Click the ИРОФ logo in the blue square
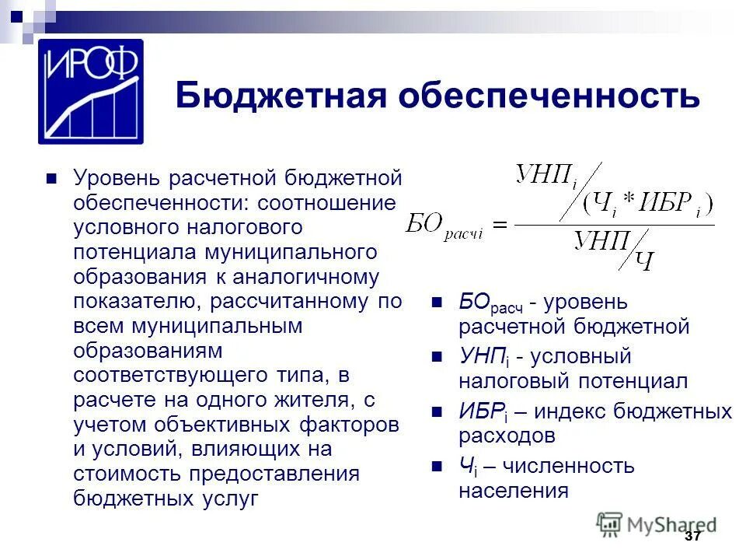click(x=91, y=92)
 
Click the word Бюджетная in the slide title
click(x=281, y=96)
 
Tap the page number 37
click(x=692, y=537)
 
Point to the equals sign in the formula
click(x=500, y=226)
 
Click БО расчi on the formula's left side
click(x=443, y=227)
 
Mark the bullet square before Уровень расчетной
click(x=52, y=178)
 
